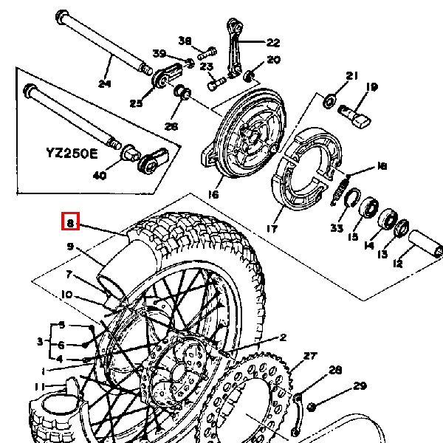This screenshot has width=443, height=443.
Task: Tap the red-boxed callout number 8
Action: tap(69, 221)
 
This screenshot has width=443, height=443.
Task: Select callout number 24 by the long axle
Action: tap(103, 83)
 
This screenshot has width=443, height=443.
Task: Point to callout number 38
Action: tap(185, 41)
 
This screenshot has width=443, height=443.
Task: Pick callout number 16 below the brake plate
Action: tap(213, 194)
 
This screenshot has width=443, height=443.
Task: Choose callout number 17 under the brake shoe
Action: tap(271, 229)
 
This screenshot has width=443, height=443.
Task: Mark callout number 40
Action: tap(100, 175)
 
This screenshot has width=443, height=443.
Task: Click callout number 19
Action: tap(371, 87)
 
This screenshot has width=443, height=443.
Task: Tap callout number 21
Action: tap(351, 75)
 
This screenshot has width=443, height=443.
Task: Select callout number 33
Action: tap(337, 228)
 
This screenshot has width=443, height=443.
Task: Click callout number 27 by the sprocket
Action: tap(309, 356)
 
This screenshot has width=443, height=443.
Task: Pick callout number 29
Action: tap(360, 385)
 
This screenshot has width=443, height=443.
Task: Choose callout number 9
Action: tap(71, 247)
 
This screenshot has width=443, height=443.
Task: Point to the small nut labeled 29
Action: tap(312, 406)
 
